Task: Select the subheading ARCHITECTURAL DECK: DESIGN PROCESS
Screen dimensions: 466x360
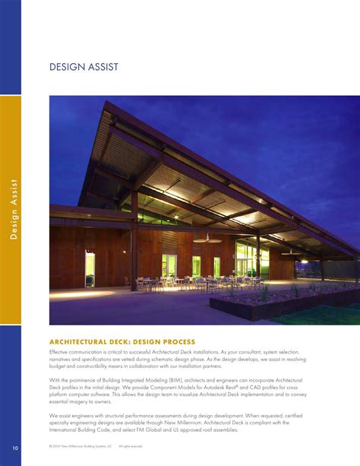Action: point(122,341)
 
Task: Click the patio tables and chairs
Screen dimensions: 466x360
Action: point(182,284)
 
